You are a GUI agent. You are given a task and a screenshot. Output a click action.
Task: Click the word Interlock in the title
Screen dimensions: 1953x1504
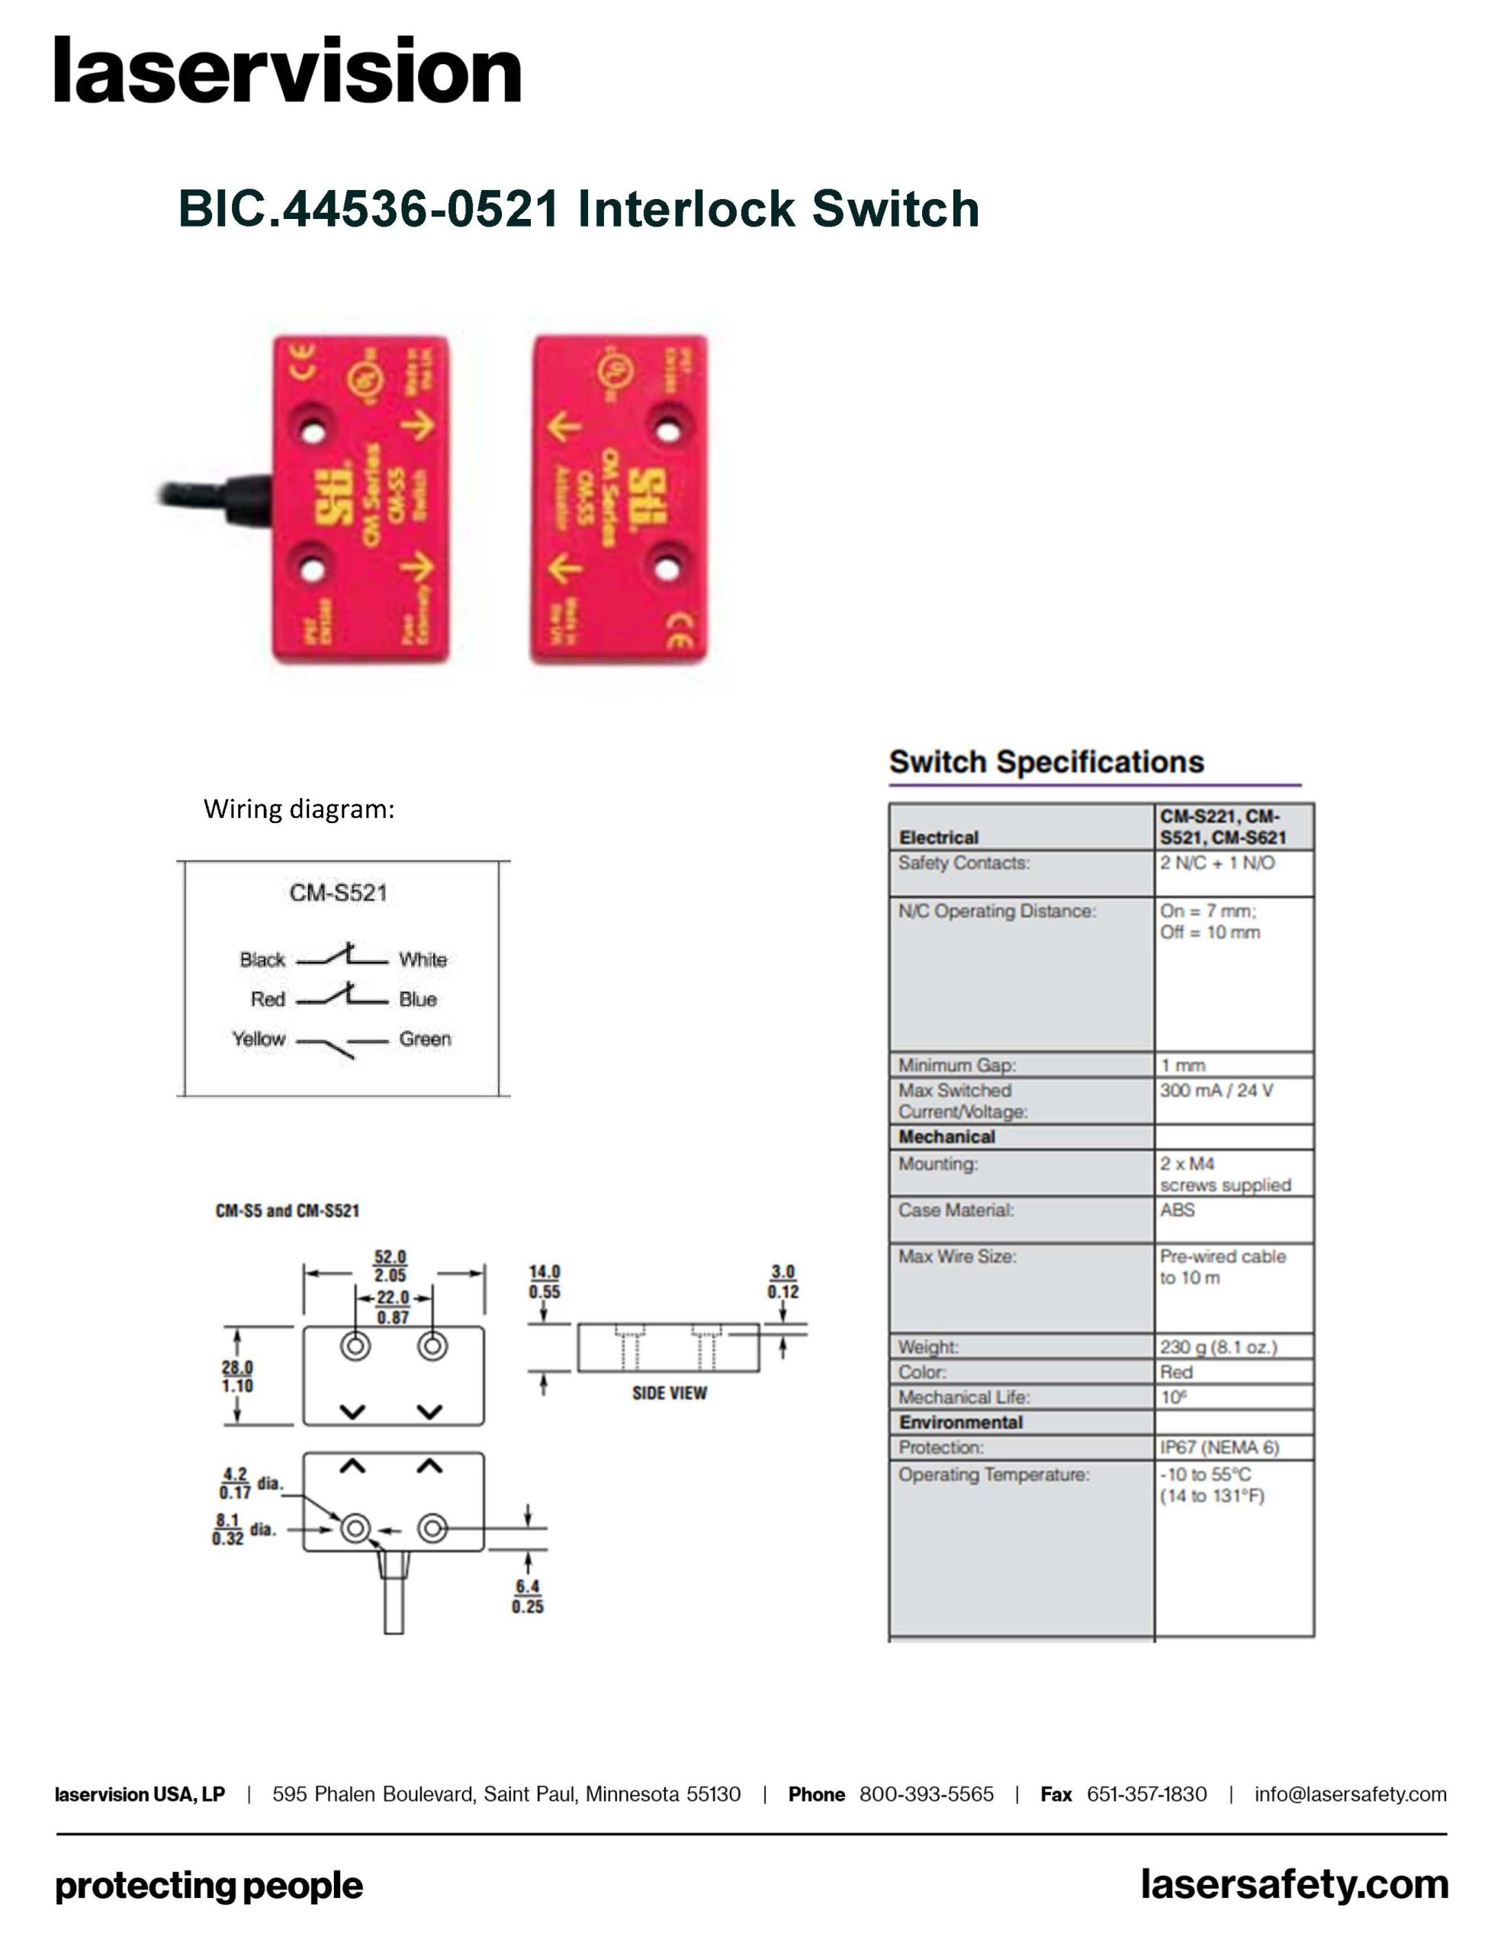click(x=686, y=209)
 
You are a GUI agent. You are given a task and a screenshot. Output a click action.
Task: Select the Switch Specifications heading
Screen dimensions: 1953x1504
click(x=1046, y=762)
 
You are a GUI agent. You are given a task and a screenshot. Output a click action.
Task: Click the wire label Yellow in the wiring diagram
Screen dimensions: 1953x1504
click(x=259, y=1039)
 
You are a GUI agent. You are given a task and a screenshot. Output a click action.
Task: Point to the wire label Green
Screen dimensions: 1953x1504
click(x=425, y=1039)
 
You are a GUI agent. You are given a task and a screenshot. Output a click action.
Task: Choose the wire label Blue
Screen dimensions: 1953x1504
click(x=418, y=999)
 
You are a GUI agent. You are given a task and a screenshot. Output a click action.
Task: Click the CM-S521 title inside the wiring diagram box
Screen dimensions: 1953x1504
click(x=338, y=893)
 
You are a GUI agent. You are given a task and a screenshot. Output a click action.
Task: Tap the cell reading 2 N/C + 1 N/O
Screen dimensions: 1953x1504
click(x=1217, y=863)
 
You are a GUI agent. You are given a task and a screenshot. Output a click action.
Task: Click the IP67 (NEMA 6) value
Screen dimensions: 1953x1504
click(x=1219, y=1447)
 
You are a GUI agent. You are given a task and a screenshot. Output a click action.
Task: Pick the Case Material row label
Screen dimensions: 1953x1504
click(x=956, y=1210)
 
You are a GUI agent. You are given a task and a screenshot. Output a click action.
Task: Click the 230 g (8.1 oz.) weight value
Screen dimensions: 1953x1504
click(x=1218, y=1347)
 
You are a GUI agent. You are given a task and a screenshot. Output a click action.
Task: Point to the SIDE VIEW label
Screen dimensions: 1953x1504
click(x=669, y=1393)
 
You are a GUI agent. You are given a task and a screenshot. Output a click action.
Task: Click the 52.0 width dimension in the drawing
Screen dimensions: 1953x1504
click(x=390, y=1257)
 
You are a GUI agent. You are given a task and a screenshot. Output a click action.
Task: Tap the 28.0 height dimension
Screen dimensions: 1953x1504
click(x=237, y=1367)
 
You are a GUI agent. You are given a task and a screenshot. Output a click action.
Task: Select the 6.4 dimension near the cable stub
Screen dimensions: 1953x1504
click(x=528, y=1586)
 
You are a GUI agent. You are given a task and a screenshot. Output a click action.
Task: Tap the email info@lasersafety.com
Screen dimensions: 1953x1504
click(x=1349, y=1794)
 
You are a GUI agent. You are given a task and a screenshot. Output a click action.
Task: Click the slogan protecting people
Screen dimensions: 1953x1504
click(x=209, y=1886)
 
